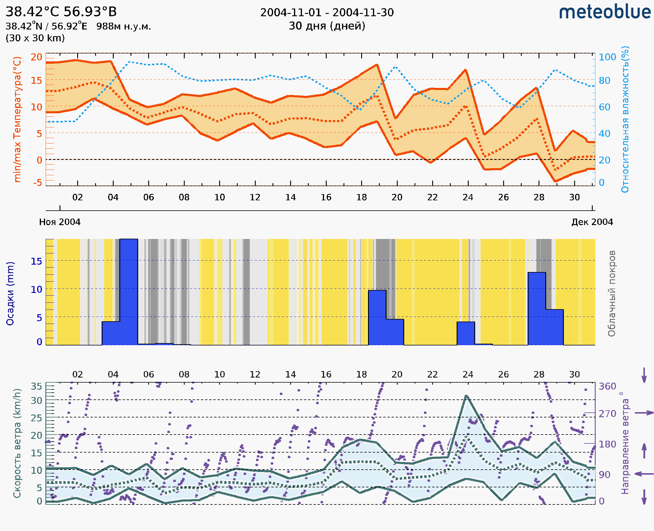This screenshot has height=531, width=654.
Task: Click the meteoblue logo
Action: (605, 12)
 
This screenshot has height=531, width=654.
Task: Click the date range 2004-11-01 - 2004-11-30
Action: (327, 13)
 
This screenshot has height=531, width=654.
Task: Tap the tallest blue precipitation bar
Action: (129, 292)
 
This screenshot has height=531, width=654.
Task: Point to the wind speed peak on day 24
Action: (466, 396)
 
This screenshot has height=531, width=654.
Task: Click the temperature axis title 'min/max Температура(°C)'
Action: (17, 119)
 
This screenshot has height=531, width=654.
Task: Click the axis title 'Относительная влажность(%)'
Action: (625, 119)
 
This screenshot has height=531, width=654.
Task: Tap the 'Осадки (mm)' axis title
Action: (10, 294)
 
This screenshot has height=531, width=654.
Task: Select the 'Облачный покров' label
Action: (611, 294)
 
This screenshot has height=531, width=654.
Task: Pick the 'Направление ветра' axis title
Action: (625, 443)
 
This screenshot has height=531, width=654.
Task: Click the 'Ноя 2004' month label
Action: (60, 222)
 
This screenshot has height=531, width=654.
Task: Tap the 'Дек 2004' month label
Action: (592, 222)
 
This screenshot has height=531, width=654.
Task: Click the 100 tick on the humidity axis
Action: (607, 57)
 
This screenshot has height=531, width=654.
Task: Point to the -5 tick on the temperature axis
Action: (38, 183)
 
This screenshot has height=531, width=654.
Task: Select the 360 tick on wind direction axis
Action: (607, 386)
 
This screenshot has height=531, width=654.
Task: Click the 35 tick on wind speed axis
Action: (36, 386)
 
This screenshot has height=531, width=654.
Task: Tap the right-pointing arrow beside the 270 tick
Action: (644, 413)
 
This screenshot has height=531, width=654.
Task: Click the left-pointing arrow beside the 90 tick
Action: (644, 474)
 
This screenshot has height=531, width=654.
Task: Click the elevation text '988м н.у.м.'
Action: (124, 26)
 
